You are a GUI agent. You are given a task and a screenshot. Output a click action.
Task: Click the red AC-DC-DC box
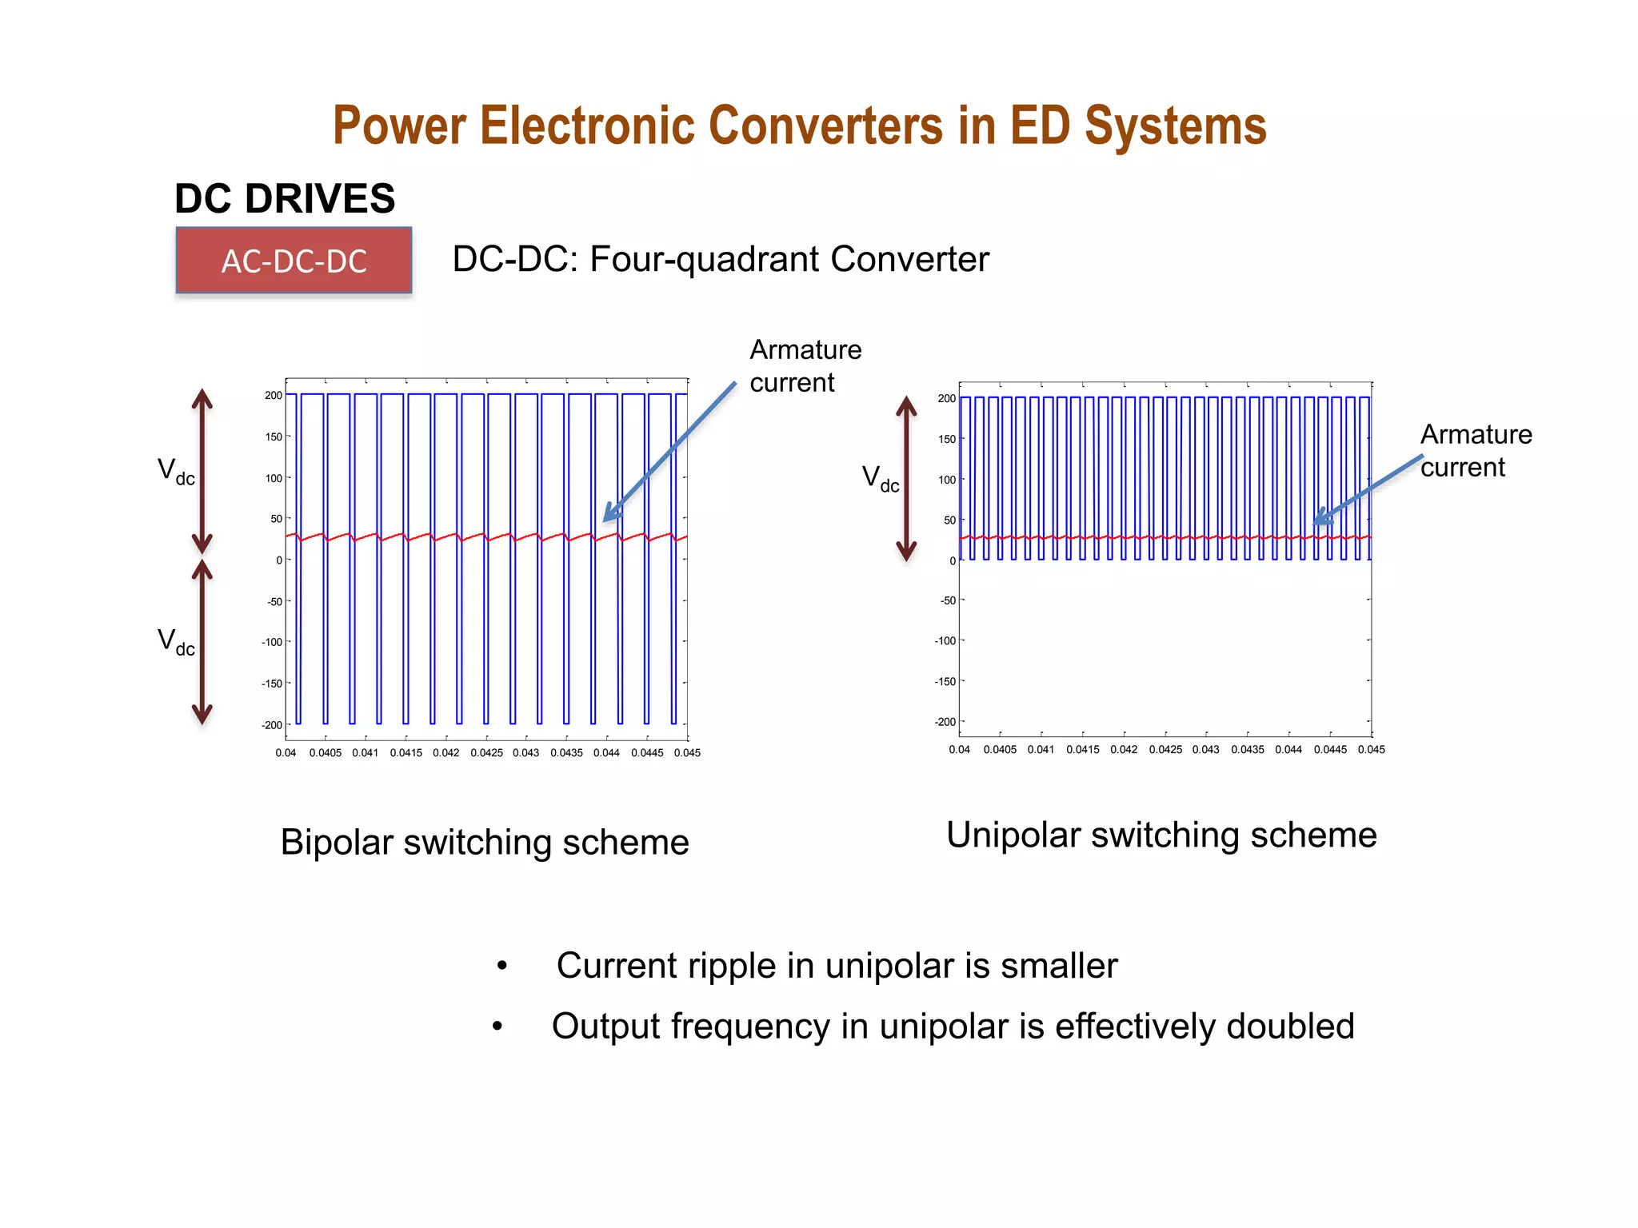click(294, 261)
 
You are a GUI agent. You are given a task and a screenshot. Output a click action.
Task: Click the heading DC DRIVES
click(285, 198)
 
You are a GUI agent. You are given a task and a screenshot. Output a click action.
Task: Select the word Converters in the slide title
click(825, 126)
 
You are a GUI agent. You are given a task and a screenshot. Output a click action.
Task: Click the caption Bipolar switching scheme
click(485, 843)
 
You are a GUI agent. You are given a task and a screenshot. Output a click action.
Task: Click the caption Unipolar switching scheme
click(1161, 835)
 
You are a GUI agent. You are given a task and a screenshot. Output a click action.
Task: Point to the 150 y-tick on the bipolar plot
click(274, 437)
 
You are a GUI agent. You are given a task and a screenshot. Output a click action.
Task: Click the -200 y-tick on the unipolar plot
click(945, 722)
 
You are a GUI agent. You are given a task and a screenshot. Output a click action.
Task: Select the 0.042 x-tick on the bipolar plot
click(446, 753)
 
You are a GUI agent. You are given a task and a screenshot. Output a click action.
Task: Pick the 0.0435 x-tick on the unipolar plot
click(1247, 750)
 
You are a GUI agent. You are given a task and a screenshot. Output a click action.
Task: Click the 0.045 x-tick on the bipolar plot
click(687, 753)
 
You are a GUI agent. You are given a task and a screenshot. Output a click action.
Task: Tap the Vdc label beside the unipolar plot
click(880, 479)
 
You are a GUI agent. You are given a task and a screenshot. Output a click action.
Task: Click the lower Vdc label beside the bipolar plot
click(176, 641)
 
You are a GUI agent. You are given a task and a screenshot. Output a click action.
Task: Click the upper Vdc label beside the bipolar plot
click(176, 471)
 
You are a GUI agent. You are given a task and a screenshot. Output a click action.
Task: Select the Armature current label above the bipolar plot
click(805, 366)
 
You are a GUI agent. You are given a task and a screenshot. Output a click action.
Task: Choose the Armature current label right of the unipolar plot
click(1476, 451)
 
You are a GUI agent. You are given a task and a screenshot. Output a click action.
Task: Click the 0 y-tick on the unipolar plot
click(952, 561)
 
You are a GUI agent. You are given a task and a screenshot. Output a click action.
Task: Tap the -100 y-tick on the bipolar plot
click(272, 642)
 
